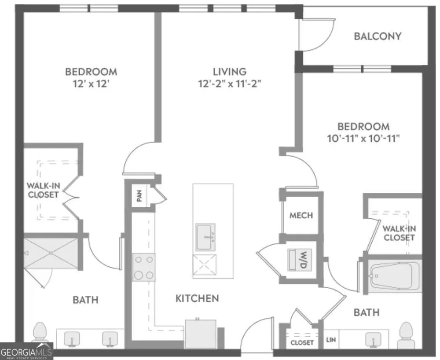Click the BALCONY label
click(x=378, y=36)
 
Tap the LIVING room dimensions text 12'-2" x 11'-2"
click(x=230, y=84)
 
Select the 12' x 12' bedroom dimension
click(x=91, y=84)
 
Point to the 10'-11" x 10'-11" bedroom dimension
click(x=363, y=138)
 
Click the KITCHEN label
click(x=197, y=298)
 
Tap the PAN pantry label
click(x=139, y=195)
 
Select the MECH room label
click(x=301, y=216)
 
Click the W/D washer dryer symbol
click(x=299, y=260)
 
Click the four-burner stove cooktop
click(x=144, y=268)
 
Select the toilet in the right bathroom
click(x=406, y=335)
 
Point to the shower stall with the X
click(x=51, y=253)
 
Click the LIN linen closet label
click(x=331, y=340)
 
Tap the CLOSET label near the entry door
click(x=302, y=342)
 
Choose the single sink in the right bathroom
click(x=374, y=339)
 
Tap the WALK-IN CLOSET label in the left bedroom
click(x=43, y=190)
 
